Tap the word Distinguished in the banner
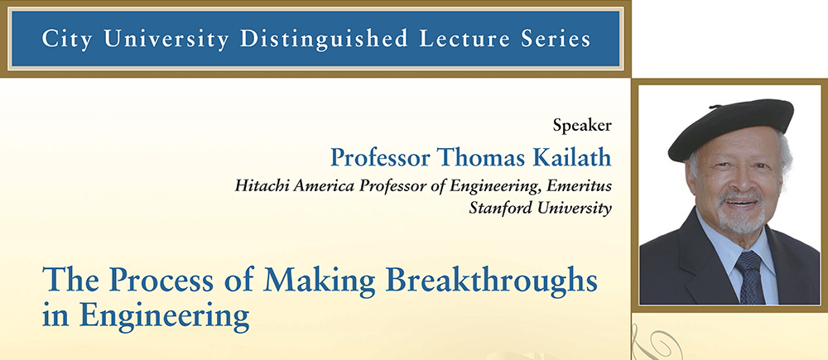[x=324, y=39]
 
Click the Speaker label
[x=582, y=126]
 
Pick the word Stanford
[x=501, y=208]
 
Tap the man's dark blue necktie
[x=750, y=277]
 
